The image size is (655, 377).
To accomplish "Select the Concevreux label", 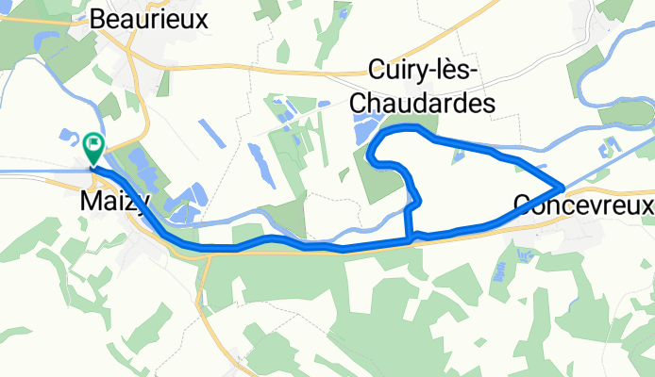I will [584, 204].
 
